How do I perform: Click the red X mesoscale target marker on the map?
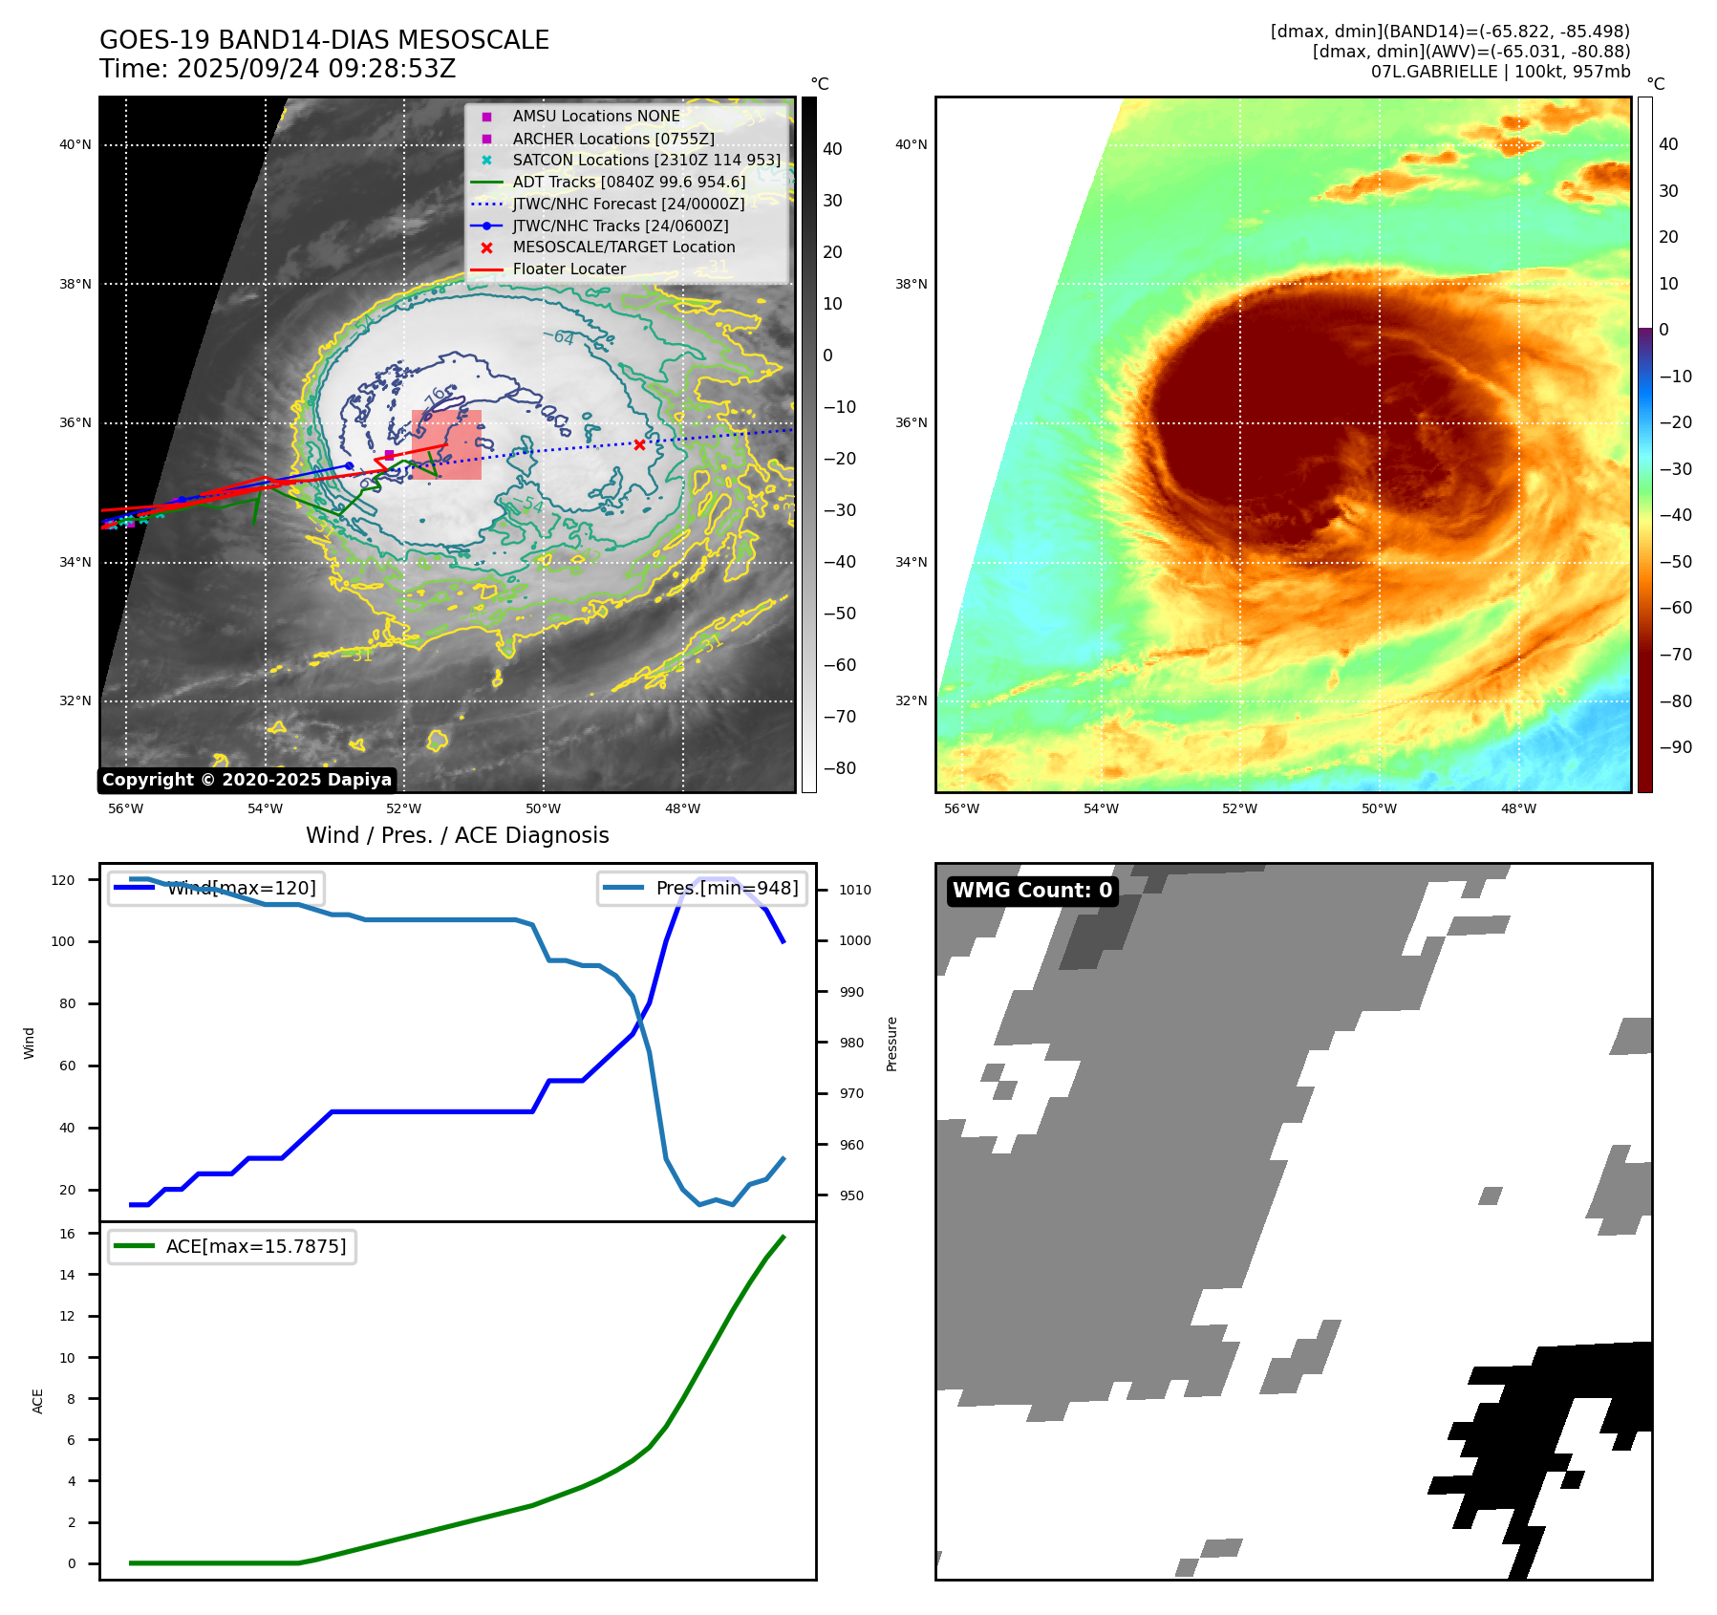639,444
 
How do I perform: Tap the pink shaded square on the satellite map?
446,444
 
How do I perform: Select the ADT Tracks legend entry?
629,182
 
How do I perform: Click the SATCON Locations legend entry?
646,160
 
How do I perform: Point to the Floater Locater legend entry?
569,269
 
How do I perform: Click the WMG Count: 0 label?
1032,891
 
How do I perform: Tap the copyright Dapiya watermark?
247,780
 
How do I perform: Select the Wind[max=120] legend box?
216,888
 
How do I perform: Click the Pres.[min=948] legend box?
702,888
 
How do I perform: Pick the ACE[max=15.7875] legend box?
232,1246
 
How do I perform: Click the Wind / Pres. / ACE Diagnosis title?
457,835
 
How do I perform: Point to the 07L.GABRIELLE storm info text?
1500,72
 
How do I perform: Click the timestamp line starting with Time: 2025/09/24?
277,69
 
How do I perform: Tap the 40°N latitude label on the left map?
75,145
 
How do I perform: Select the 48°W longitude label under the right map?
1518,808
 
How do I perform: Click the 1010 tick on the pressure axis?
855,890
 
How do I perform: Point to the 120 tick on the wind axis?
63,880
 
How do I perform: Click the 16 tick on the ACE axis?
68,1234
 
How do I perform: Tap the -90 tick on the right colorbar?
1675,747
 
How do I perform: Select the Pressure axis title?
891,1044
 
